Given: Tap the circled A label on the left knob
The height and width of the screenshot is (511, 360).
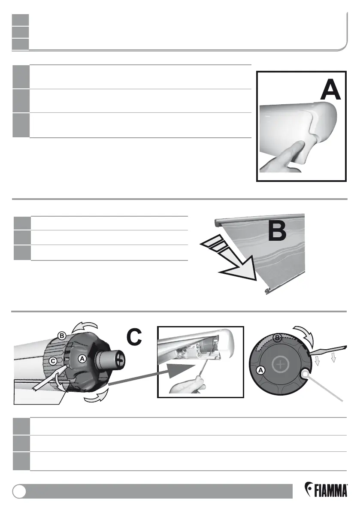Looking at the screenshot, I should click(x=82, y=357).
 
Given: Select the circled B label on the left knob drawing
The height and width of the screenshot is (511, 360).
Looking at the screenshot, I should click(x=62, y=336).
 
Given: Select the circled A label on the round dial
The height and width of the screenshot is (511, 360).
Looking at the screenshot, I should click(x=261, y=369).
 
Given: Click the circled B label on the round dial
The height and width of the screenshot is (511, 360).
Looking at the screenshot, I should click(x=277, y=338).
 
